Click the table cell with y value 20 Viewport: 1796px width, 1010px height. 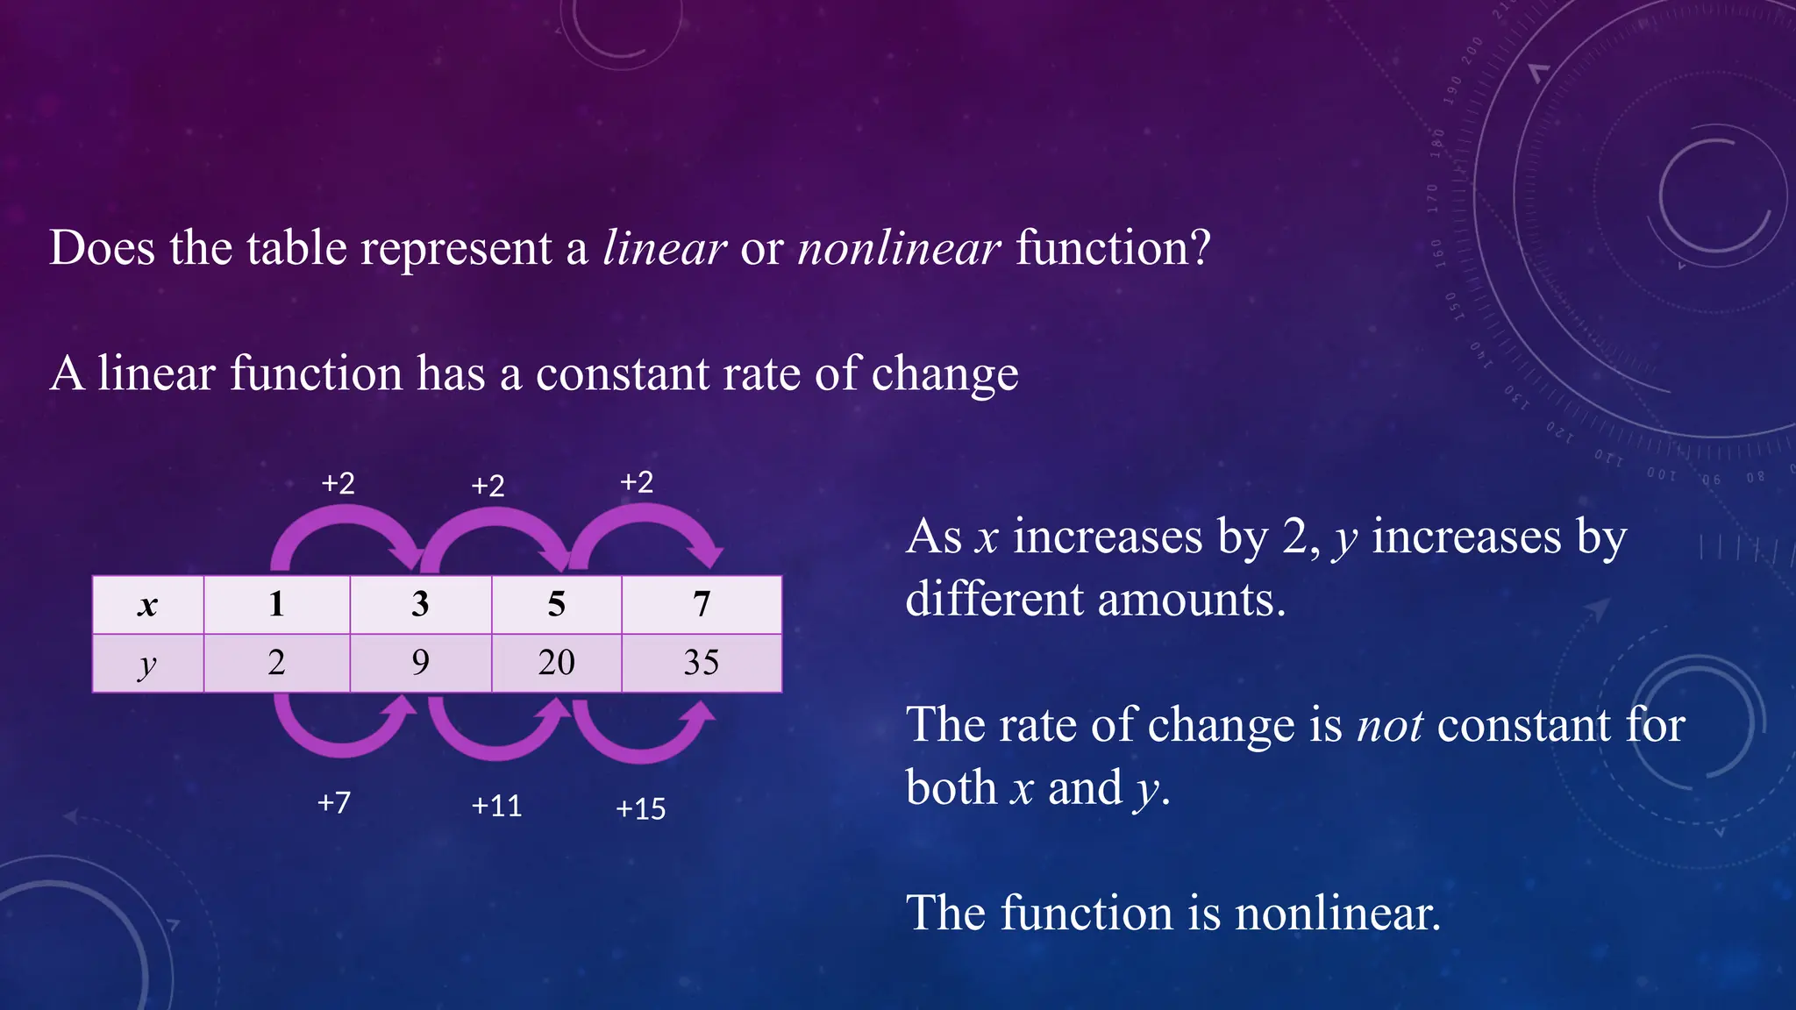click(556, 663)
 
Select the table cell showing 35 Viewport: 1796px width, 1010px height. click(701, 663)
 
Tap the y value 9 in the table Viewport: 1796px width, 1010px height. click(420, 663)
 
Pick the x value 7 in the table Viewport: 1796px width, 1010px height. click(701, 604)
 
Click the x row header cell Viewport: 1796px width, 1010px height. click(147, 604)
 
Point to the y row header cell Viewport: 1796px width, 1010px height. click(147, 663)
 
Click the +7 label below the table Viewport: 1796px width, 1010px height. click(334, 802)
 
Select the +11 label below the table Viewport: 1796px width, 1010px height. click(496, 806)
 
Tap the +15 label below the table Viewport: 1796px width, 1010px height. click(640, 808)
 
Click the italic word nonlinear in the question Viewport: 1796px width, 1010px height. click(899, 248)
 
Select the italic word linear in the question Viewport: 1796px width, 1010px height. click(665, 248)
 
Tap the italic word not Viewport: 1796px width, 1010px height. click(1390, 726)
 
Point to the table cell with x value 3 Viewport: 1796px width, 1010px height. click(420, 604)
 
